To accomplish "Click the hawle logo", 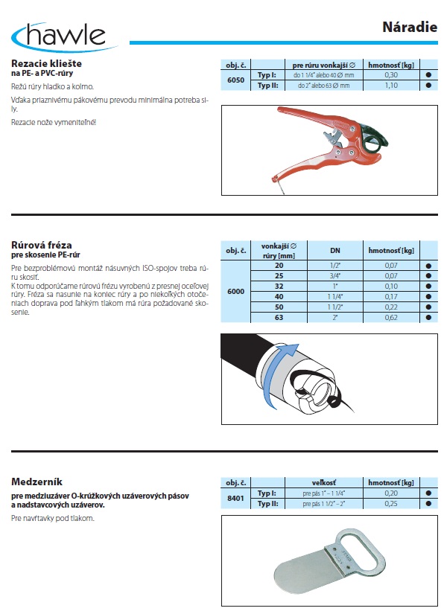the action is pos(63,36).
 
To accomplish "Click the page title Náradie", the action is pos(410,27).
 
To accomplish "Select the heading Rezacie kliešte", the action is pos(47,63).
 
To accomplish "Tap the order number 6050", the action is pos(235,80).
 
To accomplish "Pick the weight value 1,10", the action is pos(390,86).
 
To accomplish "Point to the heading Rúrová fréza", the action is pos(42,245).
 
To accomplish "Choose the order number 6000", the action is pos(235,291).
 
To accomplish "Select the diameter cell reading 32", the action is pos(279,287).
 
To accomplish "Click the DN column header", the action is pos(335,251).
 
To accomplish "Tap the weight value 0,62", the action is pos(390,318).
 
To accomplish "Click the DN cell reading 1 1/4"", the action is pos(335,297).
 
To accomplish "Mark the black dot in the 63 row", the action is pos(428,318).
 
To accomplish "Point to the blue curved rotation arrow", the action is pos(270,376).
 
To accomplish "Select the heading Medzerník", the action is pos(37,482).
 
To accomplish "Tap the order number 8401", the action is pos(235,498).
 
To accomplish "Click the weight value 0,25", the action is pos(390,504).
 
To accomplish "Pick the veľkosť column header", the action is pos(324,483).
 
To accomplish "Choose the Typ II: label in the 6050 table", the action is pos(267,86).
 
